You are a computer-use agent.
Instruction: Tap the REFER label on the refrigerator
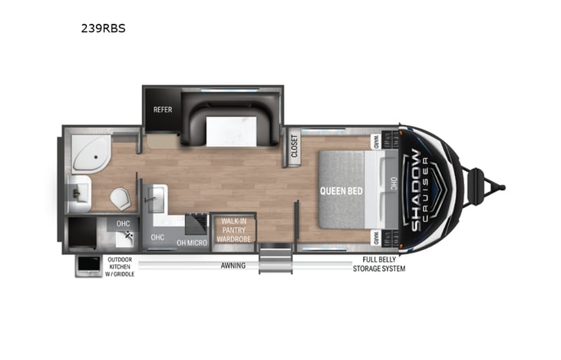(x=162, y=109)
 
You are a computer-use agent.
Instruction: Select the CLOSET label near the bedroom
(x=295, y=145)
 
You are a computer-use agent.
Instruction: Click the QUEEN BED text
(x=342, y=190)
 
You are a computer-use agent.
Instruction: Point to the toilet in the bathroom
(x=120, y=199)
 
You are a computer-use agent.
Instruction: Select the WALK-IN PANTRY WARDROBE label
(x=229, y=229)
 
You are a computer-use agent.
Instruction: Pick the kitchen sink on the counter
(x=156, y=202)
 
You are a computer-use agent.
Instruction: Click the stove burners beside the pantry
(x=196, y=223)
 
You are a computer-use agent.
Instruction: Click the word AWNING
(x=233, y=266)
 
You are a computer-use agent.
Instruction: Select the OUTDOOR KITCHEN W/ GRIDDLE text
(x=120, y=266)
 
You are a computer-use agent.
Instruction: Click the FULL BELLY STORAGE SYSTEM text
(x=379, y=266)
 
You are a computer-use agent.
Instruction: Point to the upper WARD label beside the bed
(x=377, y=142)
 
